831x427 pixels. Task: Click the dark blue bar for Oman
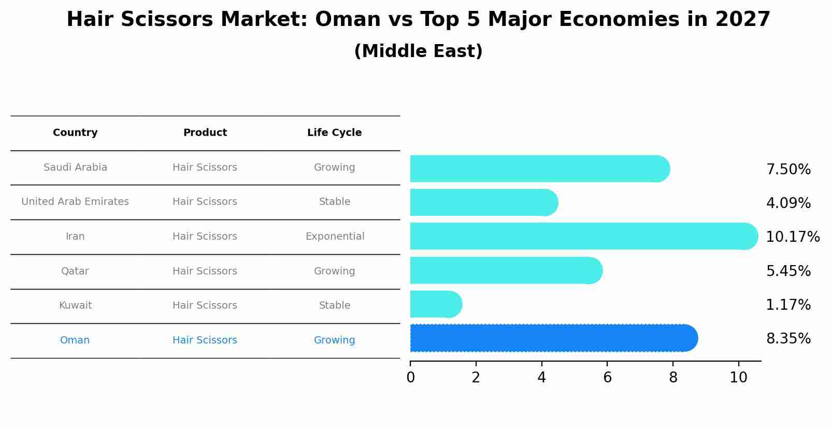click(x=553, y=338)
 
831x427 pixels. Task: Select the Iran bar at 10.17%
click(x=583, y=236)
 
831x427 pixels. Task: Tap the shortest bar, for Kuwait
click(x=435, y=304)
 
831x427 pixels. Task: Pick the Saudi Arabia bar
click(x=539, y=169)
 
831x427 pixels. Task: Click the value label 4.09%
click(x=788, y=203)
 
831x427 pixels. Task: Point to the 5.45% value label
click(x=788, y=271)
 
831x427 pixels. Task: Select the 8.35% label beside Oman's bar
click(x=788, y=339)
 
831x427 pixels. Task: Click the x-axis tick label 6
click(x=607, y=378)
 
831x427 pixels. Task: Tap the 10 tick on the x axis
click(x=738, y=378)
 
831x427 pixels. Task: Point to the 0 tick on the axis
click(x=410, y=378)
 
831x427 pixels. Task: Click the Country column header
click(x=75, y=133)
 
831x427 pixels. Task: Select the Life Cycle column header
click(x=334, y=133)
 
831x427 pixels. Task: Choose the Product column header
click(x=205, y=133)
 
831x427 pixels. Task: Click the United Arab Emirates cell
click(x=75, y=202)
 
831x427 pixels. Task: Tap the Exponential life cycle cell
click(x=335, y=237)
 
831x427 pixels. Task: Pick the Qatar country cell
click(x=75, y=271)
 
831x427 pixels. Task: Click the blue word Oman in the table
click(x=75, y=340)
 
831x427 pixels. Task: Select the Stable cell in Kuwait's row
click(x=335, y=306)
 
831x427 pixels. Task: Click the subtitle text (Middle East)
click(x=418, y=51)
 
